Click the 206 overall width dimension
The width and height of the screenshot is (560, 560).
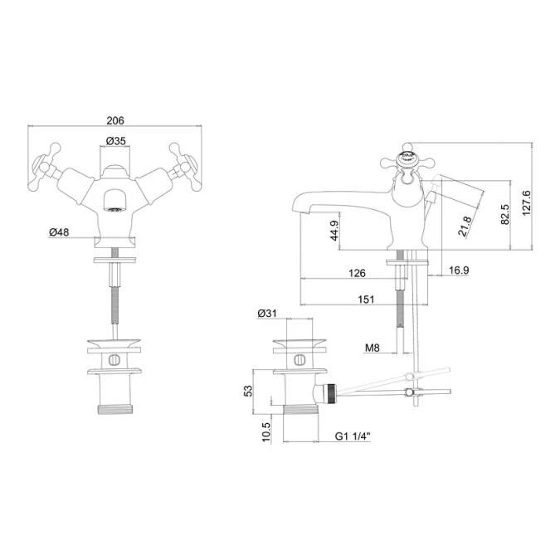click(x=116, y=119)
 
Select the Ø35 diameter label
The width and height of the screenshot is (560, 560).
click(x=116, y=142)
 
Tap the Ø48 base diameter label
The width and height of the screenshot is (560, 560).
click(x=58, y=231)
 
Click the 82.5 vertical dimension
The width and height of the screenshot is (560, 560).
click(x=504, y=214)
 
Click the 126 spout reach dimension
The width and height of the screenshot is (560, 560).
click(x=357, y=272)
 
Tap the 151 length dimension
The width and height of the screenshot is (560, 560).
click(x=365, y=299)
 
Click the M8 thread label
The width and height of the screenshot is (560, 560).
click(x=373, y=348)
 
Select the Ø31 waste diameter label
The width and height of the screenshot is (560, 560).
click(x=267, y=313)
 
